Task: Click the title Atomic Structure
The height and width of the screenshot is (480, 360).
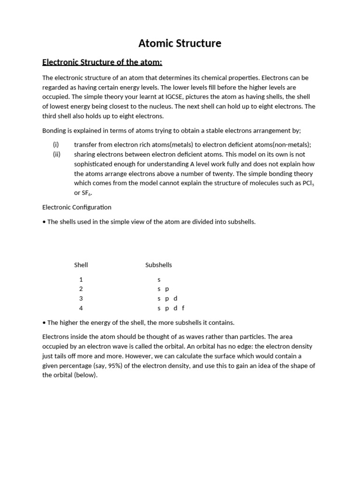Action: click(180, 44)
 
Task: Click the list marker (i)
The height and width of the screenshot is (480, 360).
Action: click(56, 145)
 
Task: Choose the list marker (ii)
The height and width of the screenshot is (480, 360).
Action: click(57, 154)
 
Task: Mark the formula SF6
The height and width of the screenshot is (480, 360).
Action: click(87, 193)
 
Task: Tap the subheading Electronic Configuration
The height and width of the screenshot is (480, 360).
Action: click(77, 207)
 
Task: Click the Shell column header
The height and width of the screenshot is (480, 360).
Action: click(81, 265)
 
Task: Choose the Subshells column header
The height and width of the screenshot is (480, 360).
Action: click(158, 265)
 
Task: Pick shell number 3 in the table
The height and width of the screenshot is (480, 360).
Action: click(81, 299)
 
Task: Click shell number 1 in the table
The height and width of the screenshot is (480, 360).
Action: click(81, 279)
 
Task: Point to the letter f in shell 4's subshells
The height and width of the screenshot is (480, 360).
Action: click(183, 308)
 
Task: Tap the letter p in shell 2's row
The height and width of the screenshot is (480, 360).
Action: click(167, 289)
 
